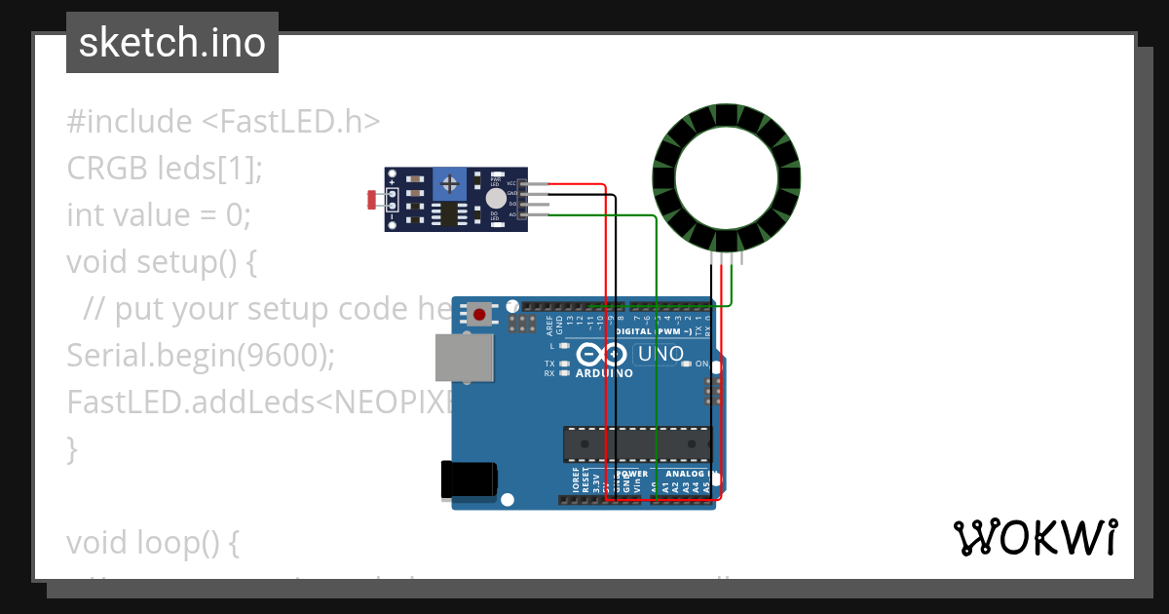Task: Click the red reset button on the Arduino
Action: (479, 314)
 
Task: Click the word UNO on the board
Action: (660, 354)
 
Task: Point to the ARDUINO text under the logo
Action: (604, 373)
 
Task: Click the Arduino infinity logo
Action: (602, 353)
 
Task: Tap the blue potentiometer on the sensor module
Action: (449, 182)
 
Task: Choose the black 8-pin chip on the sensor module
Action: (449, 213)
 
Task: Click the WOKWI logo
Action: (1035, 537)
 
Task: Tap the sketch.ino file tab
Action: (172, 43)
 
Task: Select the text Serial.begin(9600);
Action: (201, 356)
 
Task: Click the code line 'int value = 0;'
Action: (159, 214)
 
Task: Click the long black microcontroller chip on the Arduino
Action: (637, 443)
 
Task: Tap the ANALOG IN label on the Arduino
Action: (687, 475)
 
